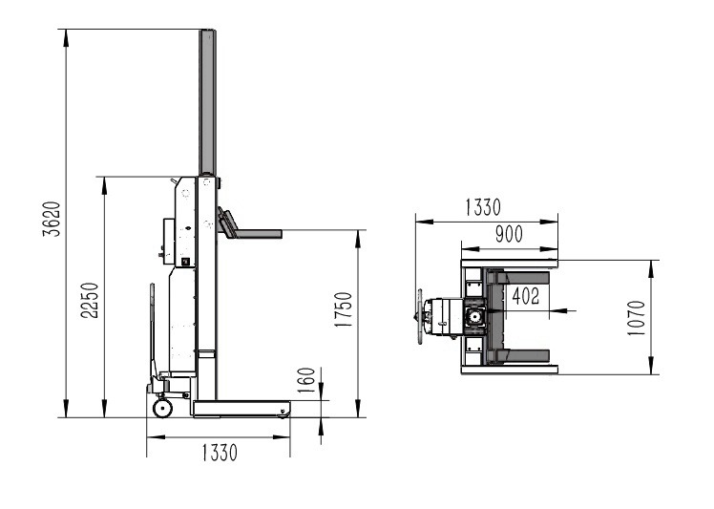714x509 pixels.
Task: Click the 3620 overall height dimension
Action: point(52,219)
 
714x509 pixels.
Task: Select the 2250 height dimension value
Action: point(90,300)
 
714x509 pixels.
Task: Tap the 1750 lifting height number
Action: point(344,309)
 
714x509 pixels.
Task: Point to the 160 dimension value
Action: point(306,380)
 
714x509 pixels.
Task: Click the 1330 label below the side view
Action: point(220,453)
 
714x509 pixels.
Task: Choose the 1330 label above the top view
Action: point(483,207)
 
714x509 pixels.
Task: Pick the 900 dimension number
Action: point(509,234)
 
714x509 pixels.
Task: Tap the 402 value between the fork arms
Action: point(526,296)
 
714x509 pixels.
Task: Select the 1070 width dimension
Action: point(637,318)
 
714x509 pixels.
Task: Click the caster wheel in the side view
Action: point(162,408)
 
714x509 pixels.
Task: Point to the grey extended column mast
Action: point(207,102)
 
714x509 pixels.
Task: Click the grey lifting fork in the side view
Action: point(249,226)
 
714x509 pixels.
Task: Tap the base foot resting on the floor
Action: point(241,409)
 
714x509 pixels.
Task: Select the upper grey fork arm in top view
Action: point(518,278)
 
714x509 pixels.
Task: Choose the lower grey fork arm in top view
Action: point(518,355)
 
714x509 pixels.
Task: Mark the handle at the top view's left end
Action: point(419,316)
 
